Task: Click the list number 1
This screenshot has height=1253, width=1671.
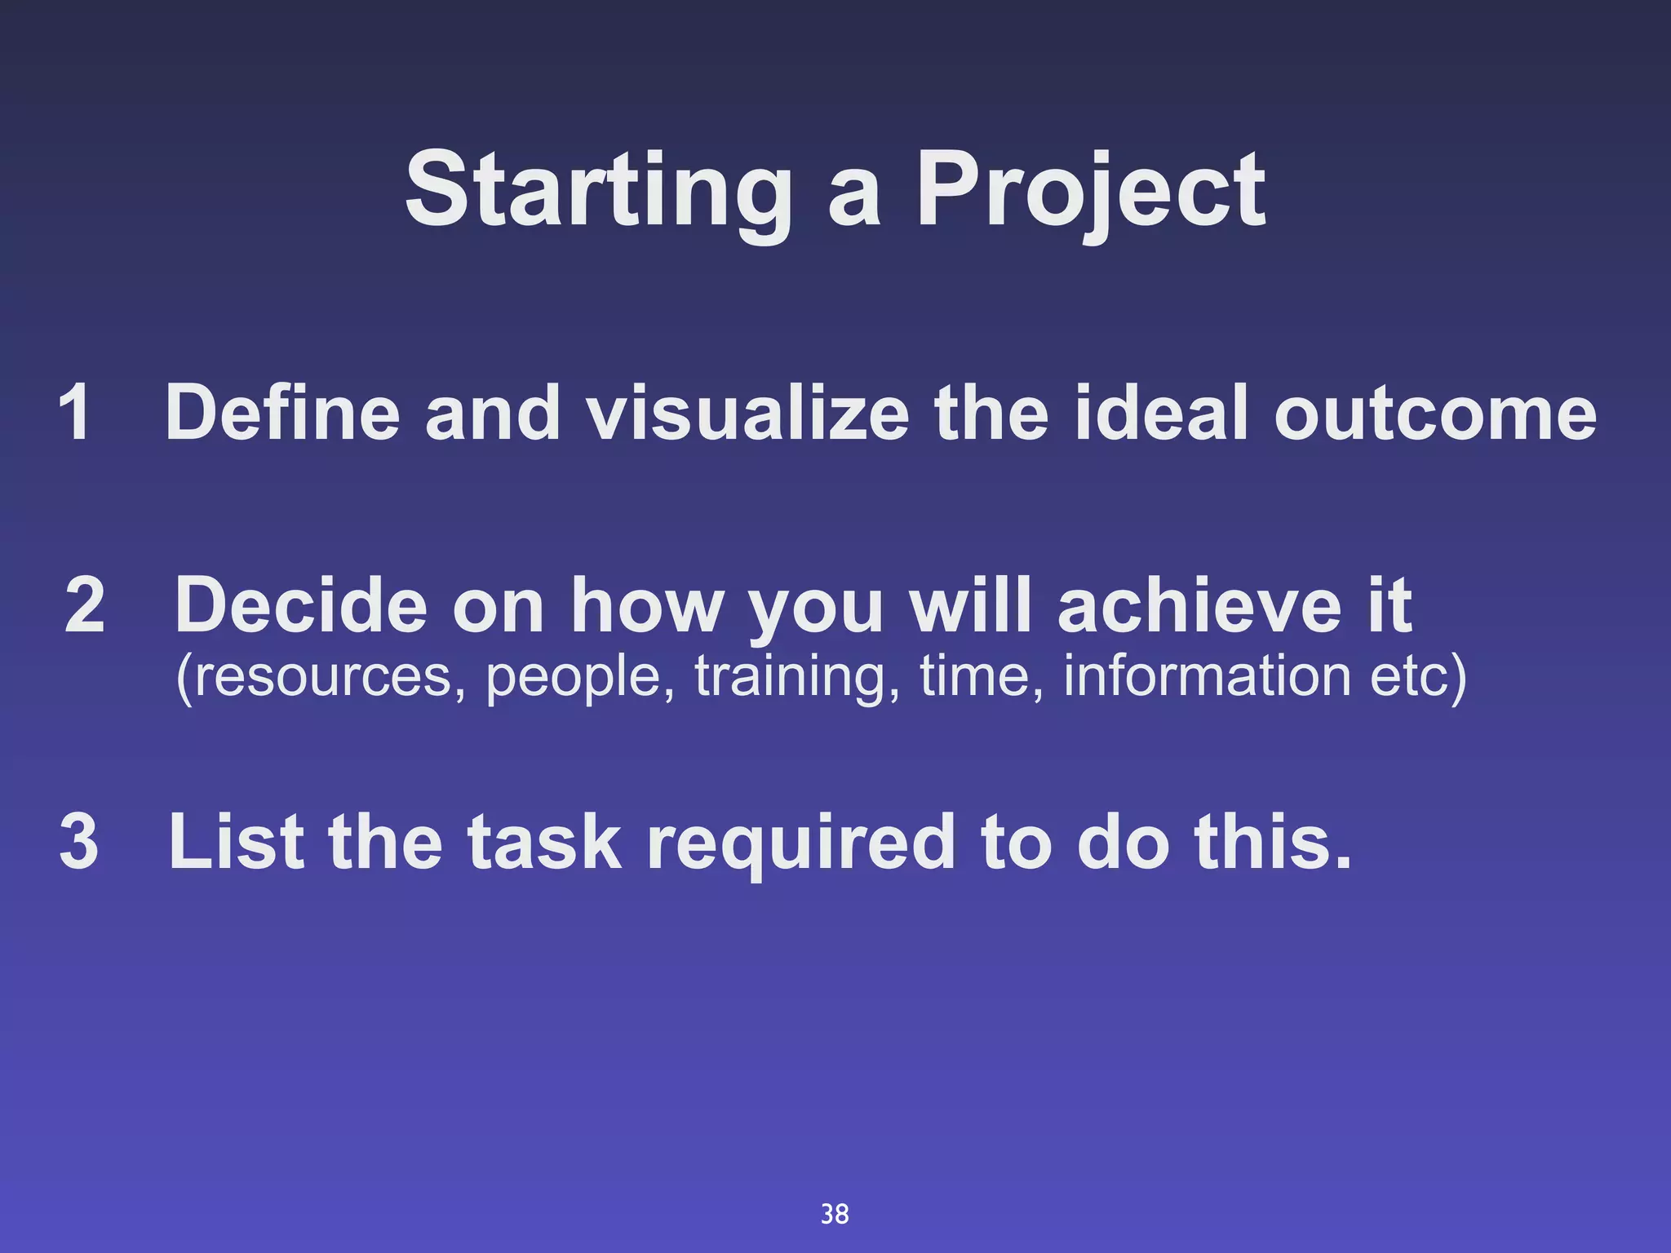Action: pyautogui.click(x=74, y=413)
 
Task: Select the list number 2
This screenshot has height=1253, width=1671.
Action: pyautogui.click(x=85, y=605)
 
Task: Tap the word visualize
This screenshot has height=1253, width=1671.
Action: pyautogui.click(x=747, y=413)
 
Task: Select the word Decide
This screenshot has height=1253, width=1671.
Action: pyautogui.click(x=300, y=605)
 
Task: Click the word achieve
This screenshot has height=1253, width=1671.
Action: pyautogui.click(x=1199, y=605)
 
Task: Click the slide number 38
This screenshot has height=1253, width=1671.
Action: pyautogui.click(x=835, y=1214)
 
